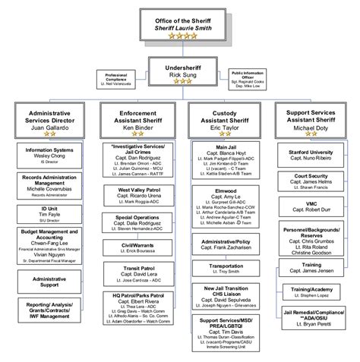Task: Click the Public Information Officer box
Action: (x=249, y=77)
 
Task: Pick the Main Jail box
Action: (x=224, y=160)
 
